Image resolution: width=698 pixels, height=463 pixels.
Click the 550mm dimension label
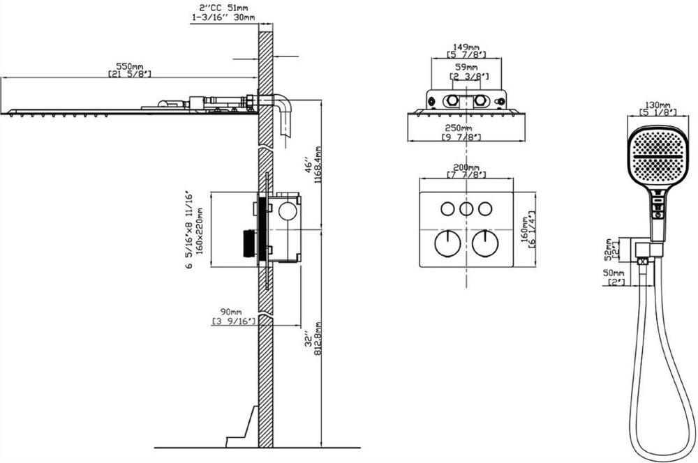[130, 66]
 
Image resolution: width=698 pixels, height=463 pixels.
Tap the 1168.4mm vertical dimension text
[318, 165]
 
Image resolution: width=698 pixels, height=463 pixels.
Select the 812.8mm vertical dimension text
[318, 338]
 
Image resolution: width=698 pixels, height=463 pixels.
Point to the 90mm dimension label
[231, 312]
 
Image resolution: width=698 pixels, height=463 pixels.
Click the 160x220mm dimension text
[199, 231]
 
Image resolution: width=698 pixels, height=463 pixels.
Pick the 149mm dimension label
[466, 47]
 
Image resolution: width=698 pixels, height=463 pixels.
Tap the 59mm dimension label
[466, 67]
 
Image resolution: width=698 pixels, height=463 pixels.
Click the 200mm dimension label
[466, 167]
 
